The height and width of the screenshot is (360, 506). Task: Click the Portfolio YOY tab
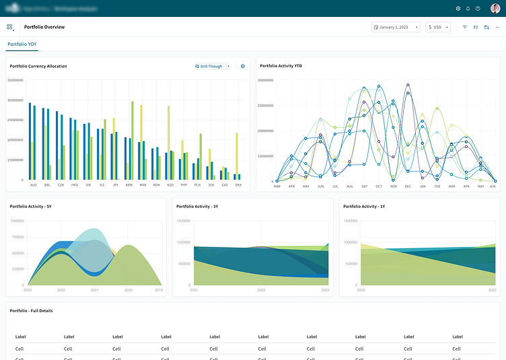[22, 44]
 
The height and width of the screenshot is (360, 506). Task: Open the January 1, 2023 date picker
[396, 28]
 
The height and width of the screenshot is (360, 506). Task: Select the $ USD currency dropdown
[437, 28]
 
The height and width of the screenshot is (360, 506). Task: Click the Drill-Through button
[212, 66]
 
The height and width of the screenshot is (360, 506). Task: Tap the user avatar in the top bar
[495, 9]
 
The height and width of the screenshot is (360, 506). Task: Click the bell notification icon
[468, 9]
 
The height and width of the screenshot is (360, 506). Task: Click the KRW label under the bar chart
[129, 184]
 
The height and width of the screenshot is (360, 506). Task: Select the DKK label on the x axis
[238, 184]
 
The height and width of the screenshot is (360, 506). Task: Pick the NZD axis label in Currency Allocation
[170, 184]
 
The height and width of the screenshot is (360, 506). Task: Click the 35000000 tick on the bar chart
[15, 80]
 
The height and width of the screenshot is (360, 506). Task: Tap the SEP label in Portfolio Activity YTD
[364, 186]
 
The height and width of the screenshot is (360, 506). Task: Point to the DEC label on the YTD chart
[408, 186]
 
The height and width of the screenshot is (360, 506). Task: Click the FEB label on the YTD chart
[437, 186]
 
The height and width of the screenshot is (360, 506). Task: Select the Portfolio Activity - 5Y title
[31, 206]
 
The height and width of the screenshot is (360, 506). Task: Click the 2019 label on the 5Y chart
[159, 290]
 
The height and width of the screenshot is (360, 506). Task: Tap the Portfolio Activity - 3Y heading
[197, 206]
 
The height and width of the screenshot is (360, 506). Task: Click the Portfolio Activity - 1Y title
[364, 206]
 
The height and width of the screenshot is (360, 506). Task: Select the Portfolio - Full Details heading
[31, 311]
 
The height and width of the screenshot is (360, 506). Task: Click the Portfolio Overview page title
[44, 28]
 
